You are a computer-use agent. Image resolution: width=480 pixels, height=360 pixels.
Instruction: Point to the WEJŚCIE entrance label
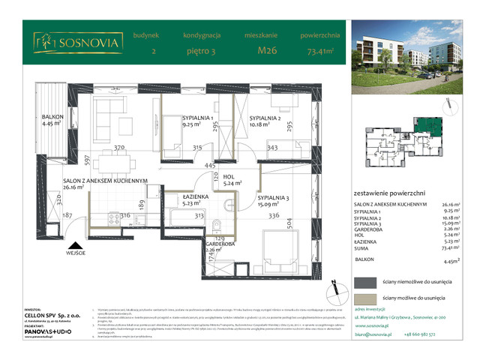coord(75,254)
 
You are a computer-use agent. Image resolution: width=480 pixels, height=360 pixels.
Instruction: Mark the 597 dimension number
coord(88,159)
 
